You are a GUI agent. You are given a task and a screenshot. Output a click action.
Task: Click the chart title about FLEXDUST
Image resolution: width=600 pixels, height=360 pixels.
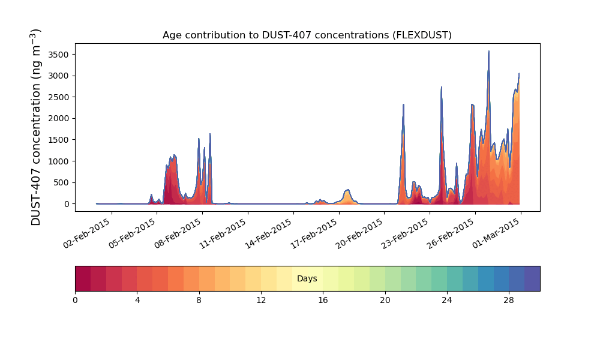[307, 35]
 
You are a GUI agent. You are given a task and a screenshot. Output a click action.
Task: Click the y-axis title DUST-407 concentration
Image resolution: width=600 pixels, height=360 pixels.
[37, 127]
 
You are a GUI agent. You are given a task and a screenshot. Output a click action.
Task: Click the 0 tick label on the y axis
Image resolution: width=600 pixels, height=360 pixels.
[67, 204]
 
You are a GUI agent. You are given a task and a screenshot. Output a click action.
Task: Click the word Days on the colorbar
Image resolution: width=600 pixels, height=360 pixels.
[307, 279]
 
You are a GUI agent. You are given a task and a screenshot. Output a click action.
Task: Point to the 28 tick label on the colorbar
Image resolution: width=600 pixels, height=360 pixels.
[509, 300]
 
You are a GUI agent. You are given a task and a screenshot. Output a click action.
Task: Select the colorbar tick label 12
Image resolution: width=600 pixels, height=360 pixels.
[261, 300]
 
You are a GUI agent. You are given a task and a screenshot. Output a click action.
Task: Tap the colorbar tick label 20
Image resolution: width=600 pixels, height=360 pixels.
[385, 300]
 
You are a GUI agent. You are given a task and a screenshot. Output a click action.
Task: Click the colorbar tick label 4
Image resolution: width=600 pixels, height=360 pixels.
[137, 300]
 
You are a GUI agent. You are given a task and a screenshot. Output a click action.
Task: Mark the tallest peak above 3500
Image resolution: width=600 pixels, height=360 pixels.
[489, 52]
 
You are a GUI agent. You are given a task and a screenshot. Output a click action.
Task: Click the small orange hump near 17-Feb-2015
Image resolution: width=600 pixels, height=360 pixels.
[347, 191]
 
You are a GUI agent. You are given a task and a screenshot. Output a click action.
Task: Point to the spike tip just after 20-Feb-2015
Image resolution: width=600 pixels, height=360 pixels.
[403, 105]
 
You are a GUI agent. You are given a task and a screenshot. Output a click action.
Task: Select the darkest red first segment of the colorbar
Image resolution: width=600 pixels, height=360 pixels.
[83, 279]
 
